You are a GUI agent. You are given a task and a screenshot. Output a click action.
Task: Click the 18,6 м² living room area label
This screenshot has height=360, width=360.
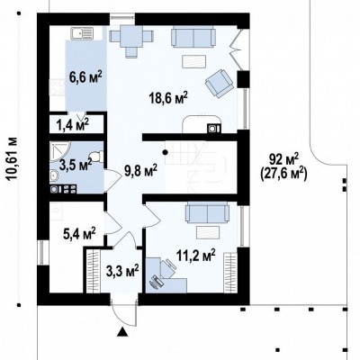pyautogui.click(x=168, y=98)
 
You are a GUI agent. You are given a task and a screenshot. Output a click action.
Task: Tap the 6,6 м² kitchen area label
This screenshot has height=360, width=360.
pyautogui.click(x=85, y=77)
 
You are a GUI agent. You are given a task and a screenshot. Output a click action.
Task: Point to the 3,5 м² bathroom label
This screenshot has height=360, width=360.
pyautogui.click(x=76, y=165)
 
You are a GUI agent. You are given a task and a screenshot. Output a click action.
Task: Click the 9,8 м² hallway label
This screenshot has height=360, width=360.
pyautogui.click(x=141, y=170)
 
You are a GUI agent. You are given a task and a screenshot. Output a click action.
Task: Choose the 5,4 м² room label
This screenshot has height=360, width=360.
pyautogui.click(x=79, y=233)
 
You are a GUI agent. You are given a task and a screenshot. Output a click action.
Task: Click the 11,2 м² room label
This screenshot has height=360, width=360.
pyautogui.click(x=196, y=256)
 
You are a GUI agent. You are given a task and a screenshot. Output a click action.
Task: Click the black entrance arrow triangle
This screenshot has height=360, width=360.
pyautogui.click(x=122, y=331)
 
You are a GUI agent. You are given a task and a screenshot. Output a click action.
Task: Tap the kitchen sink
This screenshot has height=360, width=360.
pyautogui.click(x=83, y=33)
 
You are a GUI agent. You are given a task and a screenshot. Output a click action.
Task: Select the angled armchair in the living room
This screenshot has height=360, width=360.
pyautogui.click(x=220, y=83)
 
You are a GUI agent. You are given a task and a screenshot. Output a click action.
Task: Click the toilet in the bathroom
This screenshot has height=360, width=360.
pyautogui.click(x=98, y=156)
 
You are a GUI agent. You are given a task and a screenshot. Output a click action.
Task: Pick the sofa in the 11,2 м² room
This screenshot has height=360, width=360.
pyautogui.click(x=207, y=212)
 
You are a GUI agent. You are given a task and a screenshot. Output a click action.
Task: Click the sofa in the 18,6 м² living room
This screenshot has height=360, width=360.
pyautogui.click(x=193, y=36)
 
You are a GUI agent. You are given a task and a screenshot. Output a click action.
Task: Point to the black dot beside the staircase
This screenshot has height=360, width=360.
pyautogui.click(x=165, y=152)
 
